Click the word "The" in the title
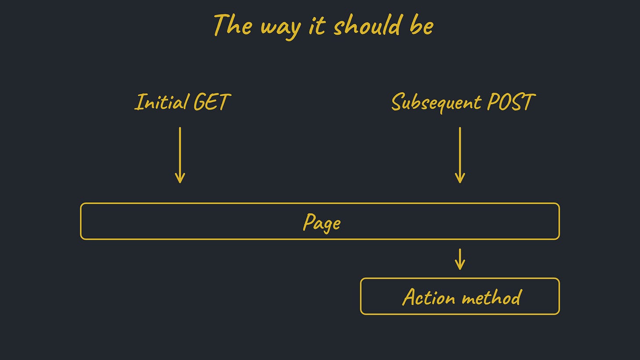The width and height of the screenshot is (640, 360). [233, 25]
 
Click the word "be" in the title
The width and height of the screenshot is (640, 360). [422, 25]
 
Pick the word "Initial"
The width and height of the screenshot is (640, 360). [161, 102]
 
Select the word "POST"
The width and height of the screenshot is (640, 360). [510, 102]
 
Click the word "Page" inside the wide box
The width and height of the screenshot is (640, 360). [321, 222]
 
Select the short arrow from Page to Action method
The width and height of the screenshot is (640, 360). [460, 259]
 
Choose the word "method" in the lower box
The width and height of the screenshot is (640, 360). [492, 298]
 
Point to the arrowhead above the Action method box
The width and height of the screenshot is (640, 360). [460, 265]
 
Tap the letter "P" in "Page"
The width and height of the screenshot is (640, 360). [309, 222]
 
